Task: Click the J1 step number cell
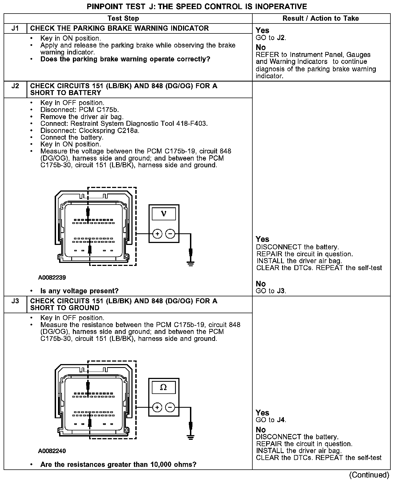click(15, 28)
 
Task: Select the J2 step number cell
click(15, 86)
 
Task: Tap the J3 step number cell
click(15, 301)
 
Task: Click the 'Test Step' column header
click(123, 19)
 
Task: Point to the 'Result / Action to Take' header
click(321, 19)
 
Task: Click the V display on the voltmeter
click(164, 214)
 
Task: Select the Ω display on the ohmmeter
click(163, 388)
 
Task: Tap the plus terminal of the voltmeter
click(157, 234)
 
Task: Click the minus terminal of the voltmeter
click(170, 234)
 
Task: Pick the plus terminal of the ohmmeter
click(157, 407)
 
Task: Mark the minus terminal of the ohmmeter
click(170, 407)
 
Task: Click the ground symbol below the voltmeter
click(191, 263)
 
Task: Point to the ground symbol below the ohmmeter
click(191, 436)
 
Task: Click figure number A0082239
click(52, 277)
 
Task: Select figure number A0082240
click(52, 451)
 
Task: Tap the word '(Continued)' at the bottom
click(369, 475)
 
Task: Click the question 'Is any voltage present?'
click(79, 291)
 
